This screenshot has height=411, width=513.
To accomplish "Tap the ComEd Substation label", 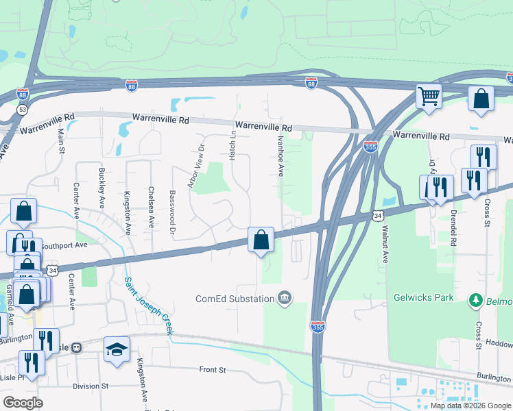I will point(234,299).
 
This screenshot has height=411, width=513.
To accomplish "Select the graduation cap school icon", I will point(117,348).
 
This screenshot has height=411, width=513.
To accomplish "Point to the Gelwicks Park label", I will point(424,299).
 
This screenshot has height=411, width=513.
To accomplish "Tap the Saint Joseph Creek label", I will point(147,306).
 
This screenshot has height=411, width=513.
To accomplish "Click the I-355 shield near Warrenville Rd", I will point(370,147).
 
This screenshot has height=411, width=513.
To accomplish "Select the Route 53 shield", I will point(23,109).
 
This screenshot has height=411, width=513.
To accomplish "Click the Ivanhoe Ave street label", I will point(281,155).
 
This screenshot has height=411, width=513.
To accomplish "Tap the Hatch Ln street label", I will point(232,143).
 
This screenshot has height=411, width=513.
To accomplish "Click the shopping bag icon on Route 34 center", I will point(261,240).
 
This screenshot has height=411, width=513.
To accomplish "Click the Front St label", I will point(213,370).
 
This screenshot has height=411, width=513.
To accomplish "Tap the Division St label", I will point(91,386).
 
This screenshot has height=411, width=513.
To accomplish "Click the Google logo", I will point(23,403).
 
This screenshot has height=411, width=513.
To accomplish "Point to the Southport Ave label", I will point(64,245).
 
